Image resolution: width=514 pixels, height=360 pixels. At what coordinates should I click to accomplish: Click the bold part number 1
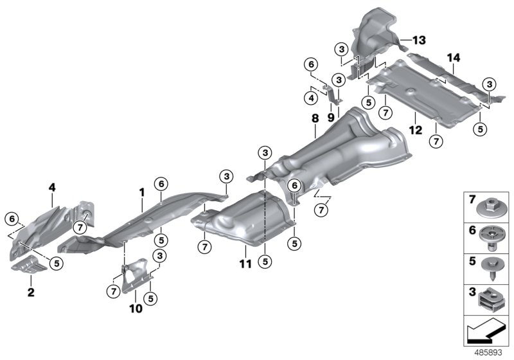[x=142, y=191]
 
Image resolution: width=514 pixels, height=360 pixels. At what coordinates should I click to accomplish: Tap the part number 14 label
[x=454, y=59]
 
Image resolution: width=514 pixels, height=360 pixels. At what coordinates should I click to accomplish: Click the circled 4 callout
[x=310, y=98]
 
